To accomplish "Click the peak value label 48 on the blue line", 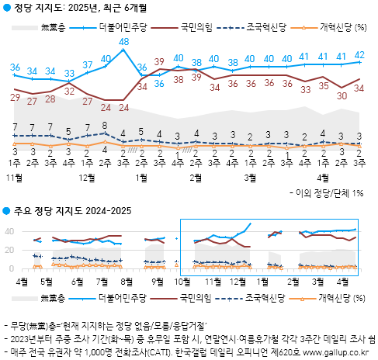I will click(124, 41).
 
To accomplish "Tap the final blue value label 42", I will click(360, 55).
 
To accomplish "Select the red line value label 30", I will click(342, 96).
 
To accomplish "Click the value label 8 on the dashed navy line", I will click(105, 125).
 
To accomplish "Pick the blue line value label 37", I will click(86, 64).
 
